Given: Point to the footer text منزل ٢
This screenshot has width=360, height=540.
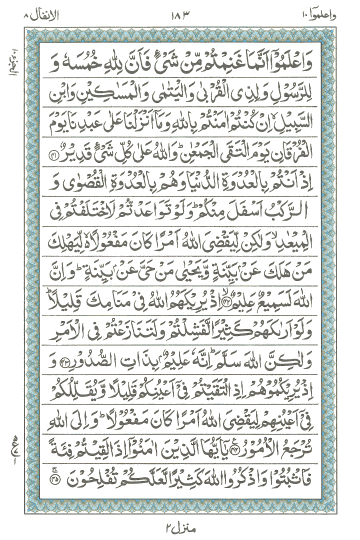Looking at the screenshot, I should coord(180,528).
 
